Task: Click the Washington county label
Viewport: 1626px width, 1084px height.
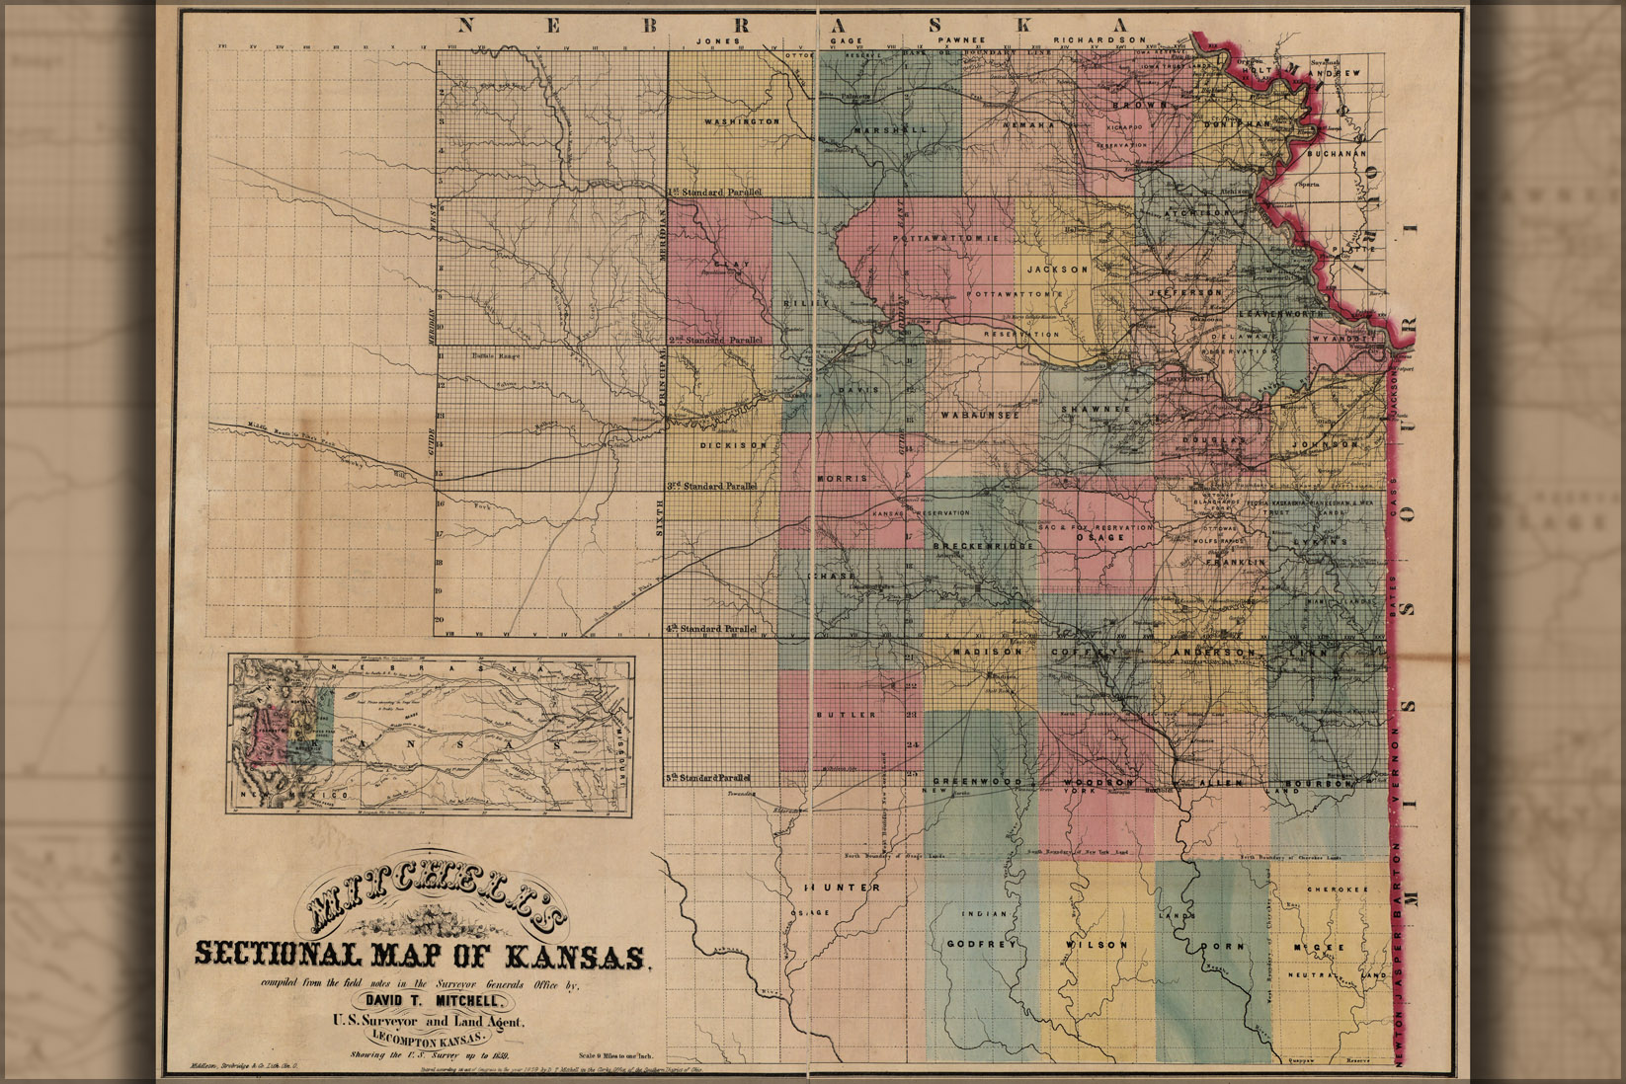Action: tap(742, 121)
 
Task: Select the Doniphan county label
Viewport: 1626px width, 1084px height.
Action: tap(1236, 124)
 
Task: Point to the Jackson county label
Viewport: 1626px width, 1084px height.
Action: tap(1057, 269)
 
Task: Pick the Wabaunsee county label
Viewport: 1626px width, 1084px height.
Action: tap(979, 416)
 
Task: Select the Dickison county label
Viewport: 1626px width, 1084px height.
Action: tap(732, 445)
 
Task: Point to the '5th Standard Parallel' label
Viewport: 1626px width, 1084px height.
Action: tap(708, 778)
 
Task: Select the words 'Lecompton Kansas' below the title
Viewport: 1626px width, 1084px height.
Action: tap(431, 1040)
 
